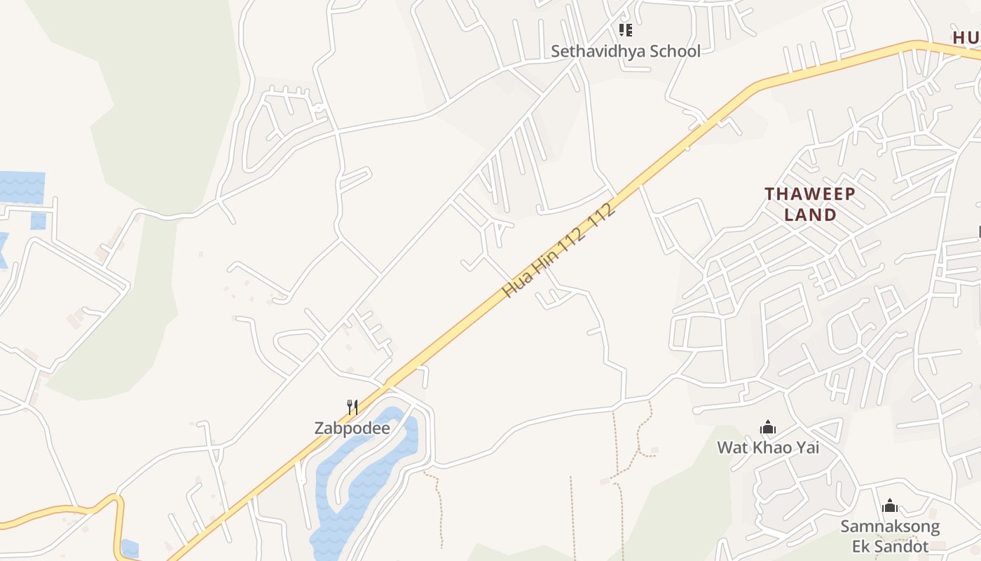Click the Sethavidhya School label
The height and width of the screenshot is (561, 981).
point(625,51)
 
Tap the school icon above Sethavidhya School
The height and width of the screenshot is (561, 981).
point(626,30)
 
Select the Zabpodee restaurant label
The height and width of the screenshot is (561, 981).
point(352,428)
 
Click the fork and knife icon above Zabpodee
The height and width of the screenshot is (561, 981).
point(352,407)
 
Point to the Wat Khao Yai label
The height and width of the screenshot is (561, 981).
point(768,447)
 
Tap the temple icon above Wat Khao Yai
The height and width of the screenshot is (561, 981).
point(768,427)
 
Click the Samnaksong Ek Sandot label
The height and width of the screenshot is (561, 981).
point(890,536)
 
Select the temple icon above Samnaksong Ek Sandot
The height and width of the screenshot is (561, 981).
point(890,506)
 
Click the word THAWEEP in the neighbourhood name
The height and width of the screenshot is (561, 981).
point(810,194)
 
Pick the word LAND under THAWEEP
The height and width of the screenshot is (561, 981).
point(810,215)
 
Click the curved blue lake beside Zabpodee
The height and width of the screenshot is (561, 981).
point(364,477)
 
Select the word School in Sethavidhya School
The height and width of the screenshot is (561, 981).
point(674,51)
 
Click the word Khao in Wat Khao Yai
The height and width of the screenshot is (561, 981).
point(774,447)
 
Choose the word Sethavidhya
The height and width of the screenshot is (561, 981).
point(597,51)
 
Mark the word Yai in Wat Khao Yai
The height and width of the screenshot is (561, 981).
point(807,447)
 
